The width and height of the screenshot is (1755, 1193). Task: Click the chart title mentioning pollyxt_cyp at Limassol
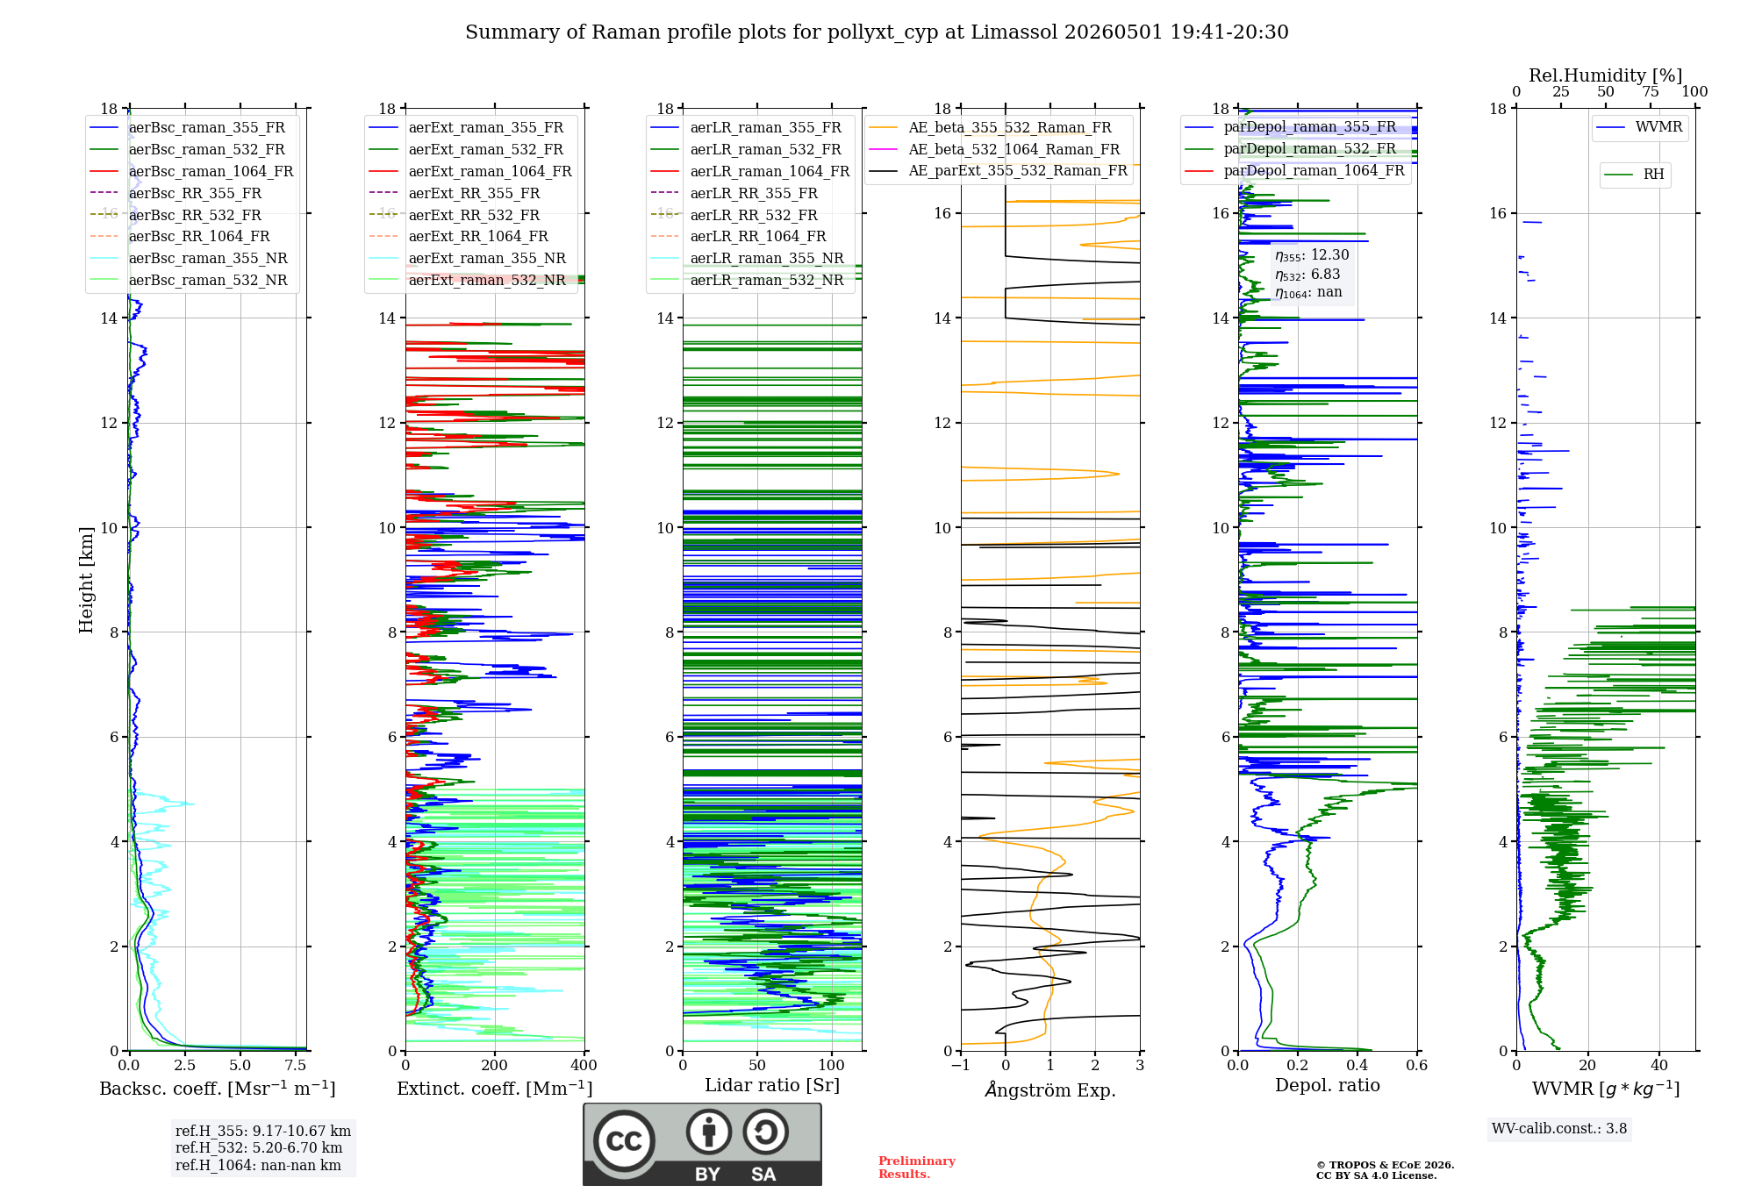tap(877, 32)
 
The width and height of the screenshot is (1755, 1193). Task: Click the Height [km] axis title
tap(86, 580)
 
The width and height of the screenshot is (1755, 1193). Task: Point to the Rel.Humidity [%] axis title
tap(1605, 75)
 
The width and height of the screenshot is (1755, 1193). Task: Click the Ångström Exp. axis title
tap(1050, 1089)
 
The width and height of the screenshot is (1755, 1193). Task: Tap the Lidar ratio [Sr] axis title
tap(772, 1085)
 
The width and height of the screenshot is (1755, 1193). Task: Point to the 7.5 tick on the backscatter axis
tap(296, 1066)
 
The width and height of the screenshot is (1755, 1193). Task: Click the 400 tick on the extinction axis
tap(584, 1066)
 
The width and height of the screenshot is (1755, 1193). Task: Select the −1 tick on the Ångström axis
tap(961, 1066)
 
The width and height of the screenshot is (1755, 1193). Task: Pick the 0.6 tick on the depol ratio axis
tap(1417, 1066)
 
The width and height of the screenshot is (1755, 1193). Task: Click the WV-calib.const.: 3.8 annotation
tap(1559, 1129)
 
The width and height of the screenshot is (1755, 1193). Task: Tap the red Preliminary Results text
tap(917, 1168)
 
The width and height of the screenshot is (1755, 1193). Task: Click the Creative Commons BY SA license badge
tap(702, 1144)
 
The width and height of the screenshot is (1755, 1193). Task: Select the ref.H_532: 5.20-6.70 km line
tap(259, 1148)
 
